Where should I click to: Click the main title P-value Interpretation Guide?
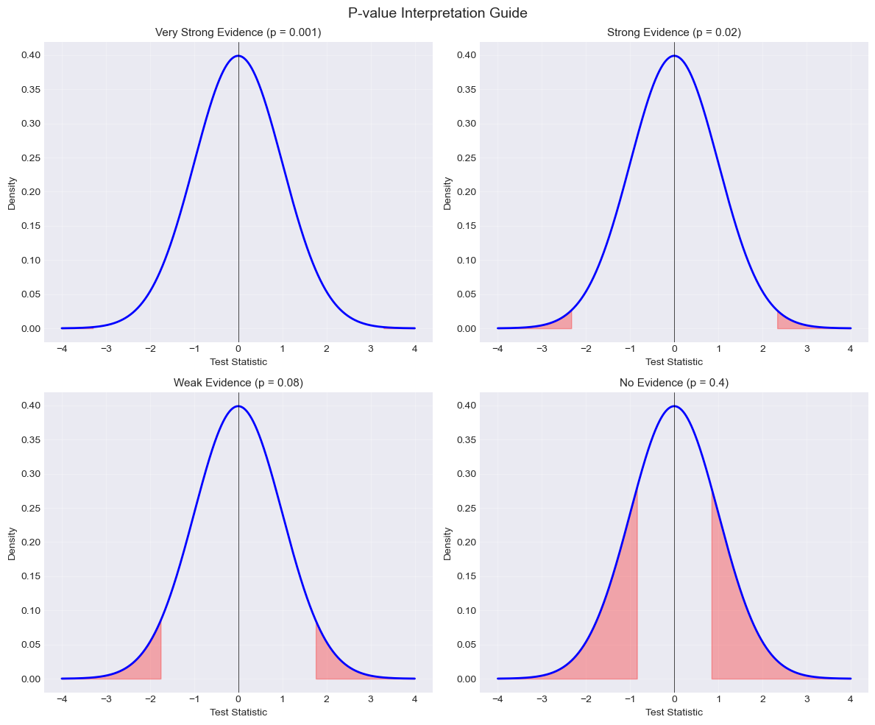coord(437,13)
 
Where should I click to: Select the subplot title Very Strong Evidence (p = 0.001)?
coord(238,32)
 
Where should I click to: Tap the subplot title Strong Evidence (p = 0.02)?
coord(673,32)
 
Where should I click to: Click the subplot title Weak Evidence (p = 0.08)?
coord(238,383)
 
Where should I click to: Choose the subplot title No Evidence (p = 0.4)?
coord(673,383)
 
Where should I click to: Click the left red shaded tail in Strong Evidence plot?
coord(564,322)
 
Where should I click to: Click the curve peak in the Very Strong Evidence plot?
coord(238,56)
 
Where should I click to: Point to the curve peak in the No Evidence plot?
coord(674,406)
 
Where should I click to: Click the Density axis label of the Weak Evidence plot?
coord(12,542)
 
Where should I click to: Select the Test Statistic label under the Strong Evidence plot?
coord(673,361)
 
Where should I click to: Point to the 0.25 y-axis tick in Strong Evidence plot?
coord(465,158)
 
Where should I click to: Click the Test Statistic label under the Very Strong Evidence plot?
coord(238,361)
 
